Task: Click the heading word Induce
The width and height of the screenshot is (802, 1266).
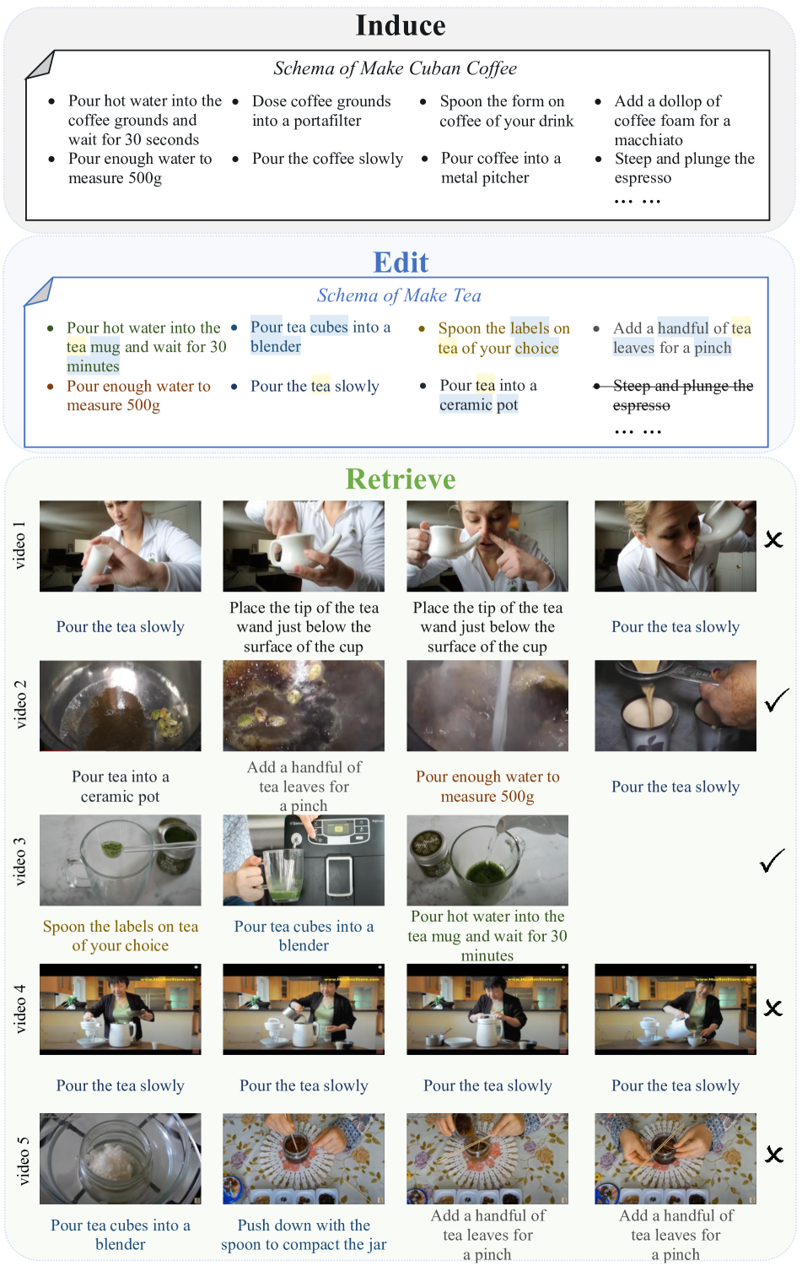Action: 401,25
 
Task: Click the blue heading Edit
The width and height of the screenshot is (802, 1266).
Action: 401,262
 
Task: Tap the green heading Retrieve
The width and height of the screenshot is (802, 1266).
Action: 401,479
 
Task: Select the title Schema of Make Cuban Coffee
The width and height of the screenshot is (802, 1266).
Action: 396,68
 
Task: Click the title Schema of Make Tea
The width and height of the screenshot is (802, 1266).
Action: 399,295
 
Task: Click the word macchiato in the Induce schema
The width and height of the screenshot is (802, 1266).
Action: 649,140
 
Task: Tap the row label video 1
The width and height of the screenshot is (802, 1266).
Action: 19,545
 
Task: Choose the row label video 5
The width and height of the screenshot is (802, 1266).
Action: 23,1160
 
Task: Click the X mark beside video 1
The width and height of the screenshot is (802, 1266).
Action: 773,540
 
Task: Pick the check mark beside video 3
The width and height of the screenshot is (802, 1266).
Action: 772,861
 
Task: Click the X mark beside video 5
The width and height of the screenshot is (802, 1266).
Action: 774,1155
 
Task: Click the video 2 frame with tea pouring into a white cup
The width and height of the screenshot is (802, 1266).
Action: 675,706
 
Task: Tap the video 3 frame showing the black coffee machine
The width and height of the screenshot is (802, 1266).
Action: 304,860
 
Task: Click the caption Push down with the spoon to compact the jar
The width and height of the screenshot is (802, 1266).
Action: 304,1234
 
